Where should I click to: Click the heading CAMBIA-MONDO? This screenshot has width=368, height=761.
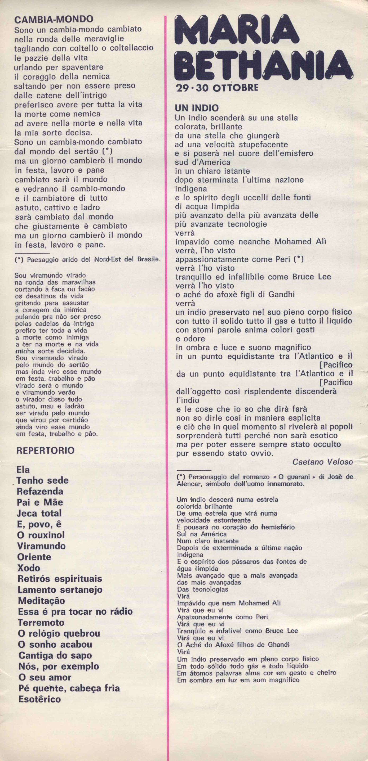(x=54, y=20)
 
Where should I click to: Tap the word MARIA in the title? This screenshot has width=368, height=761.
(x=237, y=30)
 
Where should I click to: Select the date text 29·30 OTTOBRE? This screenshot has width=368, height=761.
(x=217, y=88)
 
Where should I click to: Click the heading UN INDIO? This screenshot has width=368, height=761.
(x=197, y=108)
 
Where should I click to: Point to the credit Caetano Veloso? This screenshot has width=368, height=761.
(x=322, y=462)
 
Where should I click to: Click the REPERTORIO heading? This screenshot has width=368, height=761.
(x=46, y=451)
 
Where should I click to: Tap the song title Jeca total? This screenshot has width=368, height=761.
(x=39, y=514)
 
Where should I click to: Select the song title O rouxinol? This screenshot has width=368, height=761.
(x=41, y=535)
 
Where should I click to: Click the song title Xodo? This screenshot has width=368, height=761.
(x=28, y=568)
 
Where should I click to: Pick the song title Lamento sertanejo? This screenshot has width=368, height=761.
(x=60, y=590)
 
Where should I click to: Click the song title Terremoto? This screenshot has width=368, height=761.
(x=41, y=623)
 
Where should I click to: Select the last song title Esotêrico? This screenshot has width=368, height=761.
(x=39, y=699)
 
